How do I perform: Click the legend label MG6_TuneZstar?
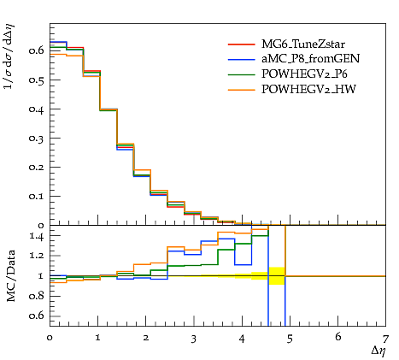pos(303,44)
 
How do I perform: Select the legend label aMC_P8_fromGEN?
pos(311,58)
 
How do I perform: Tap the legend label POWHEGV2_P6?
pos(304,74)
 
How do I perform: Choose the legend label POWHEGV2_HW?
pos(308,89)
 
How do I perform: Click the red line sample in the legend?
pos(242,44)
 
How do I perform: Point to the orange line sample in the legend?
pos(242,90)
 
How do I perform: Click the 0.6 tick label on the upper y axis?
pos(36,50)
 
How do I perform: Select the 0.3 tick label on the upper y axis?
pos(36,138)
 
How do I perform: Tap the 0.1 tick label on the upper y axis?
pos(36,196)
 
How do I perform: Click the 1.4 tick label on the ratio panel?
pos(37,236)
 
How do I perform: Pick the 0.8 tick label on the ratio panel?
pos(36,296)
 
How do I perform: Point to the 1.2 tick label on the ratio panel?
pos(37,256)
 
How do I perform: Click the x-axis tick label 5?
pos(290,339)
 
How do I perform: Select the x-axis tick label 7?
pos(385,339)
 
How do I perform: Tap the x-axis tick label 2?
pos(146,338)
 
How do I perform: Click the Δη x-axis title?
pos(378,351)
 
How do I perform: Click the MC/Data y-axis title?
pos(11,276)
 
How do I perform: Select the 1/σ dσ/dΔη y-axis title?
pos(9,56)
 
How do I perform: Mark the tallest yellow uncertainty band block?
pos(277,276)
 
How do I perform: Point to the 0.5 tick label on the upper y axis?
pos(36,80)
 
